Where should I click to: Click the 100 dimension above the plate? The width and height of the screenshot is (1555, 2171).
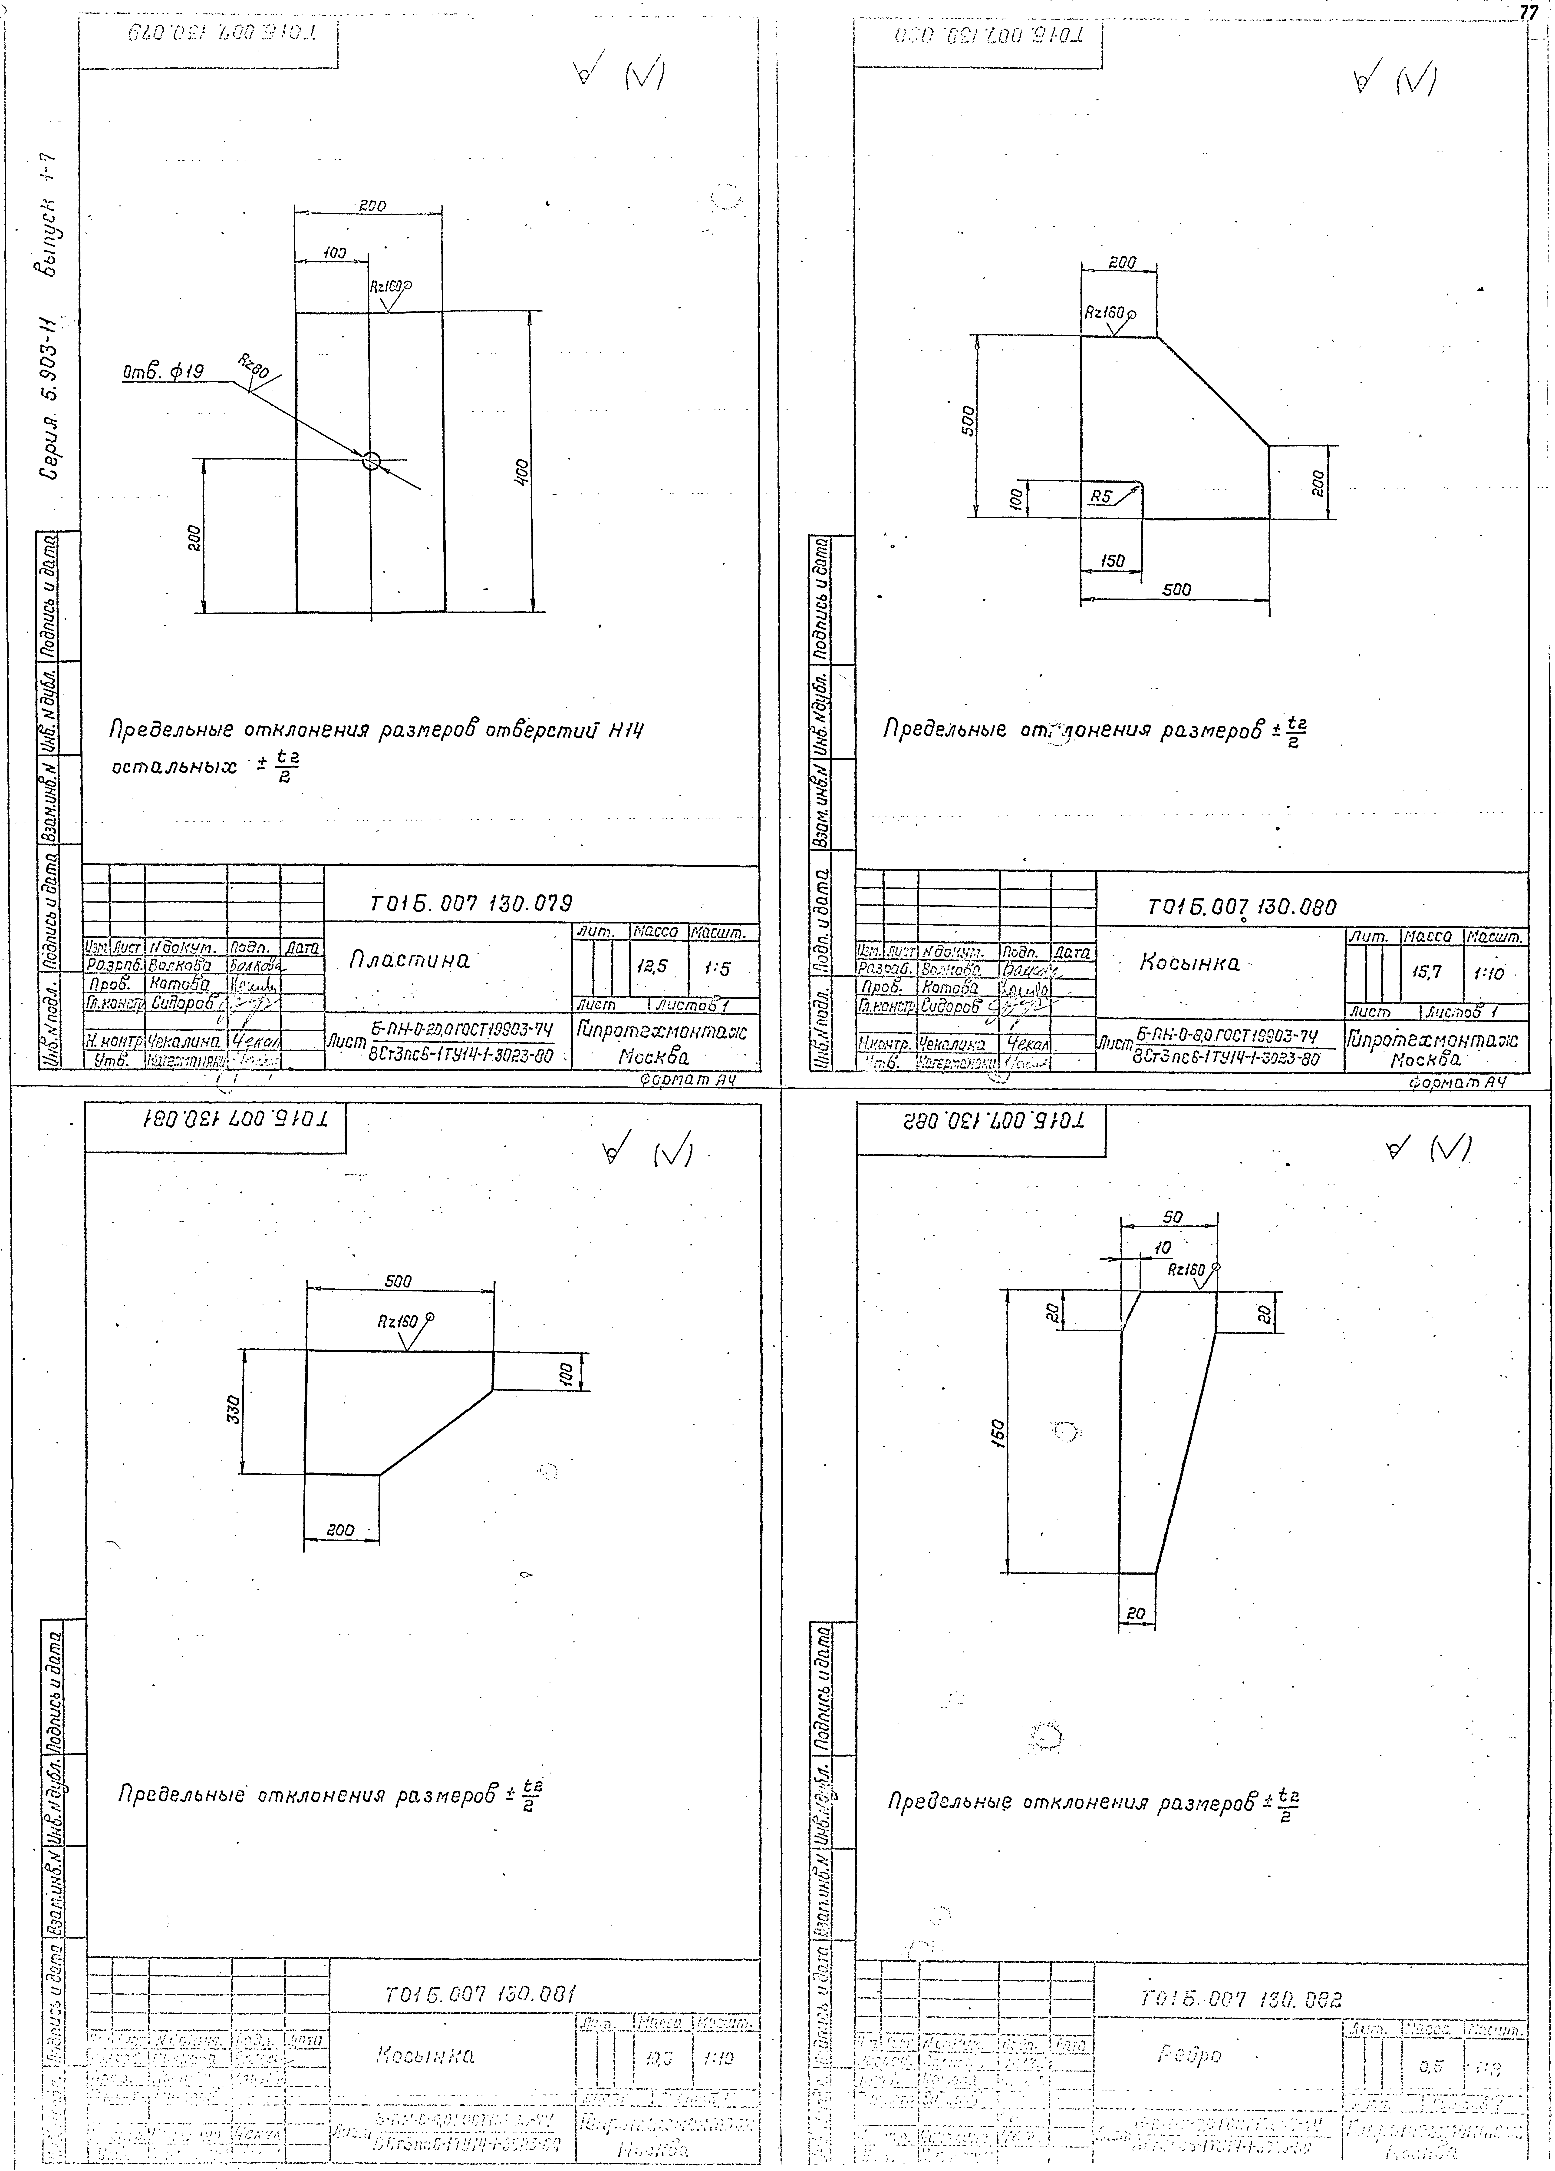333,254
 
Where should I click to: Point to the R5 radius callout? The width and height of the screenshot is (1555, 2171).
1102,496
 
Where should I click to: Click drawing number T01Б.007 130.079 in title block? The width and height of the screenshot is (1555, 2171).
472,903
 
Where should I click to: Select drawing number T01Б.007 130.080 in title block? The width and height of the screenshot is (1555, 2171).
1240,907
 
